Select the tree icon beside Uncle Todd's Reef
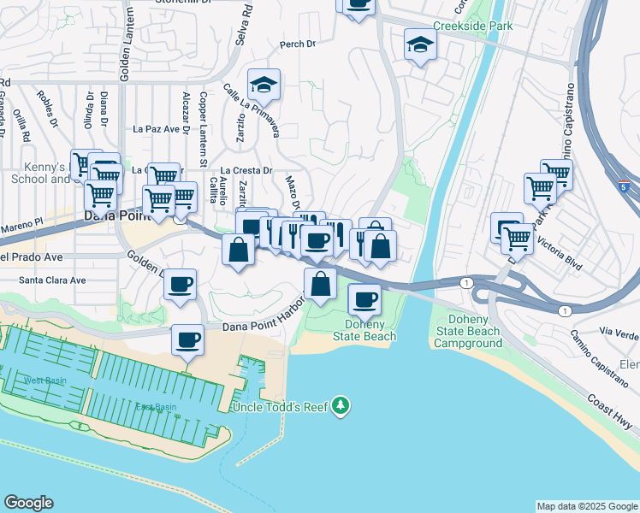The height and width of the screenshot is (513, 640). (x=341, y=404)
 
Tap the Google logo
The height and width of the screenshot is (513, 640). (x=28, y=503)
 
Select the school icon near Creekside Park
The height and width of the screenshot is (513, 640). (x=419, y=45)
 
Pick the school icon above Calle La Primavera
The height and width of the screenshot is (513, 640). (x=264, y=84)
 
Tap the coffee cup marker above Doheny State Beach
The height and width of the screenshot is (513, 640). (x=364, y=299)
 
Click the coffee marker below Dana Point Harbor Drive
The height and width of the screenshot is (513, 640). (x=187, y=339)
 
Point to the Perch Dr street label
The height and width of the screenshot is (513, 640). (x=298, y=44)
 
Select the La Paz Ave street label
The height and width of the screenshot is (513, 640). (x=156, y=129)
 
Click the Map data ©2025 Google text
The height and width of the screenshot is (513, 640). (x=587, y=506)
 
